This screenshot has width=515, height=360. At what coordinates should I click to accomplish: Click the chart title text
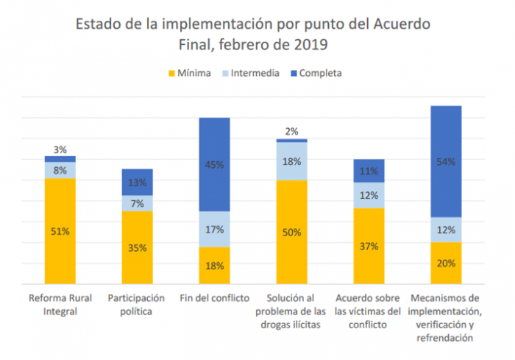pos(253,34)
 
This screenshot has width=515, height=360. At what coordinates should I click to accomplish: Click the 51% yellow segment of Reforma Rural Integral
pos(60,231)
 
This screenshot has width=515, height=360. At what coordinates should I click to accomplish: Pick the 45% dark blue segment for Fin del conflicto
pos(214,165)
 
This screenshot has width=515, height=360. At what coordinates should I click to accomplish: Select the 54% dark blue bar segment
pos(446,161)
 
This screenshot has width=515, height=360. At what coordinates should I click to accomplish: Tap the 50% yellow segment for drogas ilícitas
pos(291,232)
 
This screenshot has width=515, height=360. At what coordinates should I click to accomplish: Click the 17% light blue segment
pos(214,229)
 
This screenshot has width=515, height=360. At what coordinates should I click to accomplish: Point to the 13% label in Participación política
pos(137,183)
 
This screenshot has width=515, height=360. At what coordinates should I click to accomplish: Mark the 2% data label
pos(291,132)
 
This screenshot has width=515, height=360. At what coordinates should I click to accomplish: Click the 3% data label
pos(60,149)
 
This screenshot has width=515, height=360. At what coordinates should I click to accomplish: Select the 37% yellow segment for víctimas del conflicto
pos(369,246)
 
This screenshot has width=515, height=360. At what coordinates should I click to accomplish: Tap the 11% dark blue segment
pos(369,171)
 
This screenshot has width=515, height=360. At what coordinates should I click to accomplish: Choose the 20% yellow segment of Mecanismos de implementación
pos(446,263)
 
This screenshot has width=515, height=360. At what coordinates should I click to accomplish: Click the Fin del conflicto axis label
pos(214,297)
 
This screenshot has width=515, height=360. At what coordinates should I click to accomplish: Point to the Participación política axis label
pos(137,303)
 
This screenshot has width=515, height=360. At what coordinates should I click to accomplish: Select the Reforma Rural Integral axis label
pos(60,303)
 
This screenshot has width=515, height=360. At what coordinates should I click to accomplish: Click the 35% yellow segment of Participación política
pos(137,247)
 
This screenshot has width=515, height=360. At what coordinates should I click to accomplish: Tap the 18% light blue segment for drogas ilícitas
pos(291,161)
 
